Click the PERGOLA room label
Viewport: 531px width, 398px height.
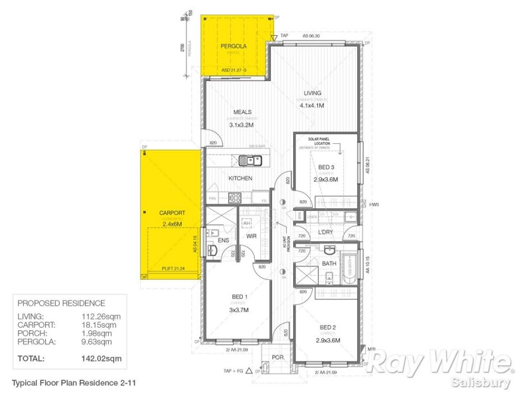[x=234, y=46]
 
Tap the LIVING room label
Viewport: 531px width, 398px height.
[x=312, y=93]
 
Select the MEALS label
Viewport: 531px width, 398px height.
[x=242, y=113]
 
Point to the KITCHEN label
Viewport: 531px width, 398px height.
[x=240, y=178]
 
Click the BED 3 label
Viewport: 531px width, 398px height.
[x=327, y=167]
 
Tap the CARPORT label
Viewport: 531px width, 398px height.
[x=171, y=213]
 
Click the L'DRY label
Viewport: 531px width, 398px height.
[x=325, y=232]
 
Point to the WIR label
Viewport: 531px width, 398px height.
[x=252, y=235]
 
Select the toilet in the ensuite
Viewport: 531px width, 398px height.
[x=212, y=250]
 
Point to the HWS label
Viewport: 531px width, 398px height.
[x=374, y=205]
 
